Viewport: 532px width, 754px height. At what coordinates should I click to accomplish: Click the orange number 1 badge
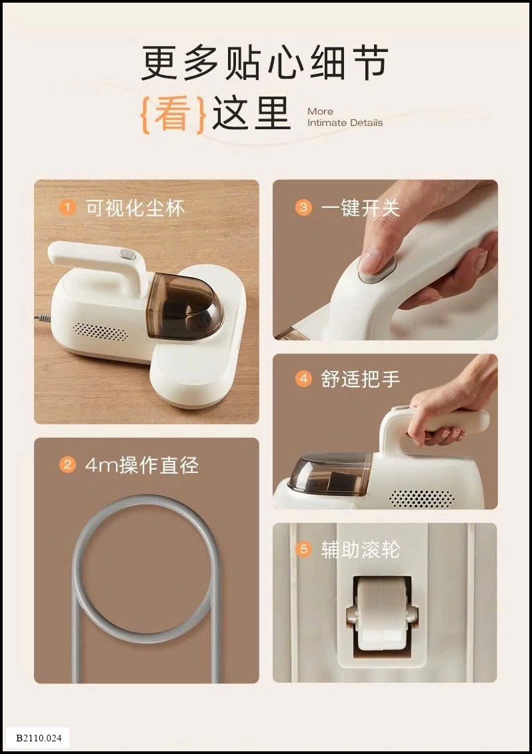[x=67, y=208]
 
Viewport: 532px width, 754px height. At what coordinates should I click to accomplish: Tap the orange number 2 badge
[x=67, y=465]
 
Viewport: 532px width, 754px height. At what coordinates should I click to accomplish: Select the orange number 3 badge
[x=303, y=208]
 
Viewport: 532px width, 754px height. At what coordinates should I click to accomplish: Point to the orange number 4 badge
[x=303, y=380]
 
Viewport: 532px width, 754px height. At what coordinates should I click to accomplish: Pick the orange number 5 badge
[x=303, y=550]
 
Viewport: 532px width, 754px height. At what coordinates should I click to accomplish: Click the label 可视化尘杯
[x=135, y=208]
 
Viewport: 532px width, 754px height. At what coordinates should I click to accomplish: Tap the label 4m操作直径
[x=142, y=465]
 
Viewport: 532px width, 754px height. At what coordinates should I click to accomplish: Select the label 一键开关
[x=360, y=208]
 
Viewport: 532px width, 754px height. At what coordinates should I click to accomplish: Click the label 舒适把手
[x=360, y=380]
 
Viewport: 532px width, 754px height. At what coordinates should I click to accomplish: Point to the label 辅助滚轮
[x=360, y=550]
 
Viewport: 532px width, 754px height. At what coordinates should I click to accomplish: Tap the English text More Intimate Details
[x=345, y=117]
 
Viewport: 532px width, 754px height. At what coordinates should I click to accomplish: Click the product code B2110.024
[x=39, y=737]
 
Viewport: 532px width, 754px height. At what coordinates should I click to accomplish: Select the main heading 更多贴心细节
[x=265, y=64]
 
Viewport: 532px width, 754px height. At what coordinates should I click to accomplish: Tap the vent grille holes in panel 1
[x=100, y=331]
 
